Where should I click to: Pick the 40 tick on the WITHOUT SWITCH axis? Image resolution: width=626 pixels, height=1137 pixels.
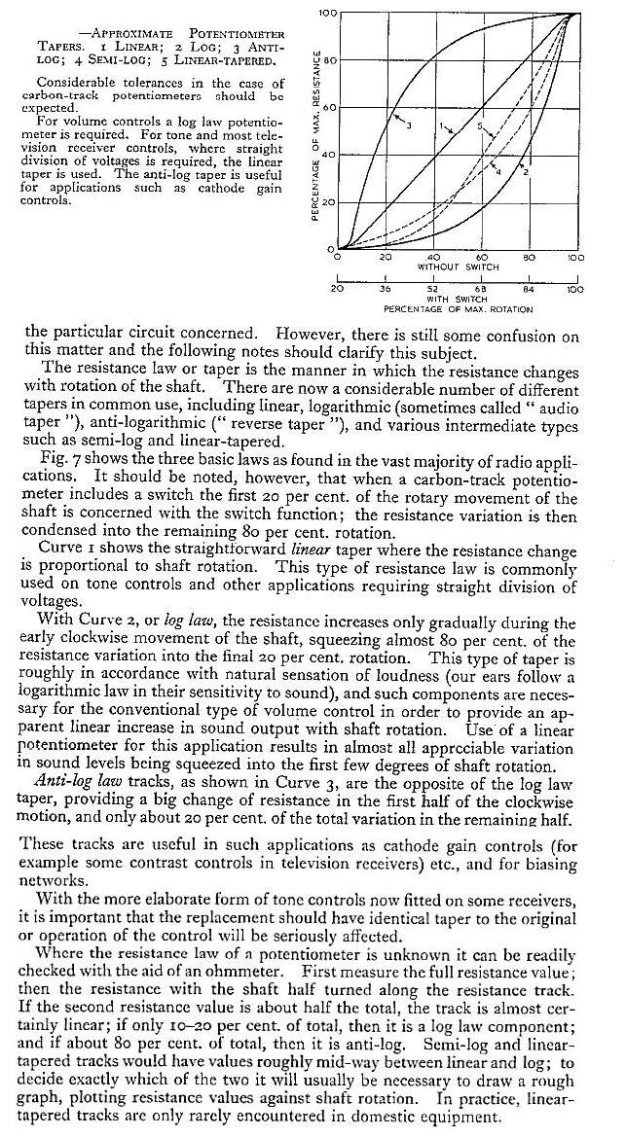[x=432, y=258]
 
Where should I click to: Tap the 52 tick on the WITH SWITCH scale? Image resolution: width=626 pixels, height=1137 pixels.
[x=432, y=289]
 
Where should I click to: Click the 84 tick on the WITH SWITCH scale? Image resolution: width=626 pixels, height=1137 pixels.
[x=528, y=289]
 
